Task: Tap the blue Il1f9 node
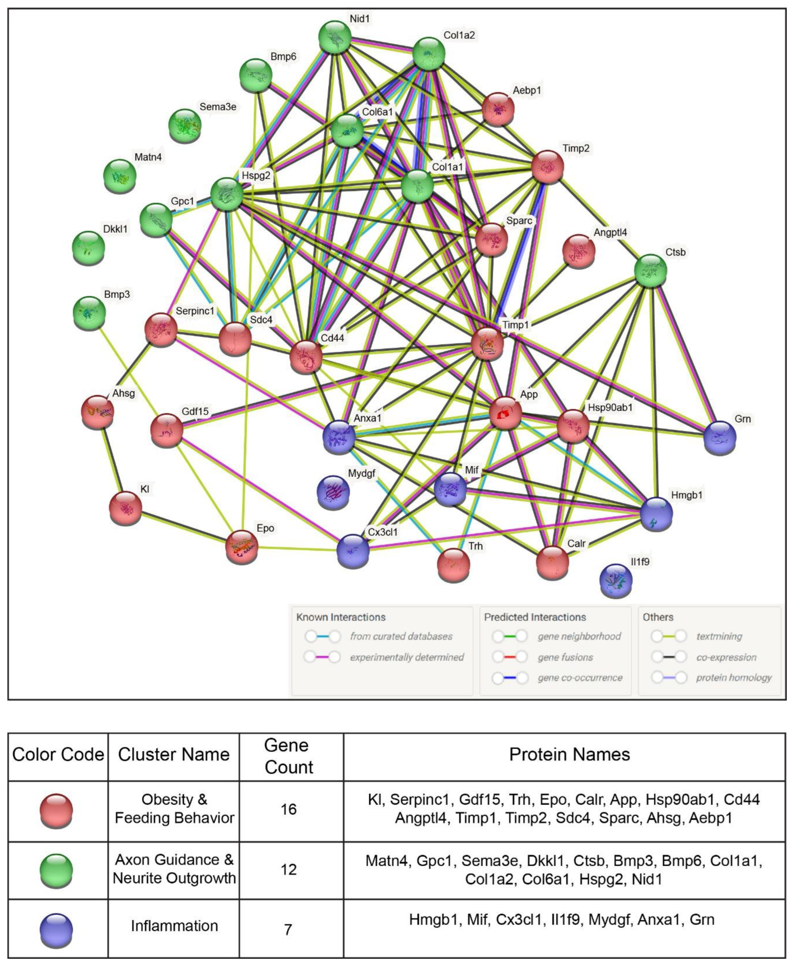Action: click(x=616, y=580)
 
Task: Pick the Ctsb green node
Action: click(x=651, y=271)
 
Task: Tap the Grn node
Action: click(x=720, y=438)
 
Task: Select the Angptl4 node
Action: click(x=579, y=251)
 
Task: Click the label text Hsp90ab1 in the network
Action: click(x=610, y=407)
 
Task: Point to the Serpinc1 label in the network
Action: click(x=195, y=311)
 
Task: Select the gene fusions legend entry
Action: click(x=565, y=657)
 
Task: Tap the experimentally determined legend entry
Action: click(x=406, y=657)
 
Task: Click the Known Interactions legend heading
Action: click(x=341, y=617)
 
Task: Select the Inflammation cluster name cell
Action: click(x=174, y=926)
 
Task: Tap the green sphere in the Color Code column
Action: click(x=57, y=870)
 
